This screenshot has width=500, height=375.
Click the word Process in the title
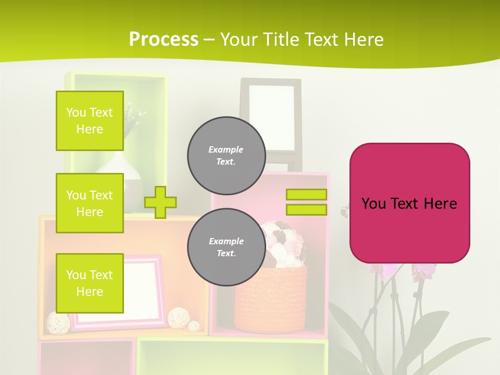pos(164,40)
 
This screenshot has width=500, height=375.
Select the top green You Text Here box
pos(90,121)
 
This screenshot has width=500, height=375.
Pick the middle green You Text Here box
pos(90,203)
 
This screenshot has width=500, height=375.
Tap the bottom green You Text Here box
pos(90,283)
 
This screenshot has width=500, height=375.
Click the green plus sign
pos(160,202)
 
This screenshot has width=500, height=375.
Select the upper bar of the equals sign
pos(306,194)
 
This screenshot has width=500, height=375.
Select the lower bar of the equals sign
pos(306,209)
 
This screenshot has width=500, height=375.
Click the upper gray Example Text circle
pos(227,155)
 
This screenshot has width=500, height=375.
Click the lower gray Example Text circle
pos(227,247)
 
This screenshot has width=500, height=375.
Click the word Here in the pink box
pos(440,203)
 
